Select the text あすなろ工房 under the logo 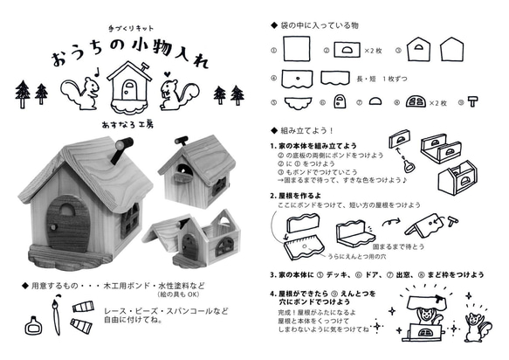pyautogui.click(x=127, y=125)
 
